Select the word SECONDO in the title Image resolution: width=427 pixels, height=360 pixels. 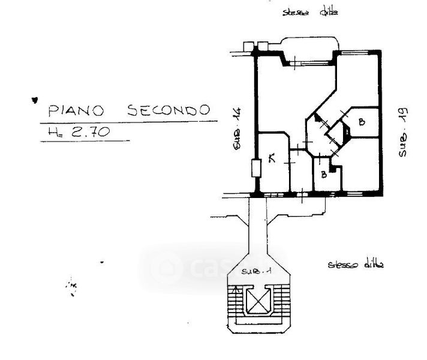169,110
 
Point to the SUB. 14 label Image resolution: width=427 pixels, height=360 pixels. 237,128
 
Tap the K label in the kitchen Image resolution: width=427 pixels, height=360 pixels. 272,159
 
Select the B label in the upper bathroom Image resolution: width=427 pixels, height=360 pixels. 361,122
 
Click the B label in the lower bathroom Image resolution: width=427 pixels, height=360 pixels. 323,175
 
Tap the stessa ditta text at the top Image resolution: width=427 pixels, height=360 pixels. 311,11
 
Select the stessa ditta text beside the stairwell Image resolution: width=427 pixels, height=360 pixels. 356,264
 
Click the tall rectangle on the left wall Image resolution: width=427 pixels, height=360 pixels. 255,168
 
